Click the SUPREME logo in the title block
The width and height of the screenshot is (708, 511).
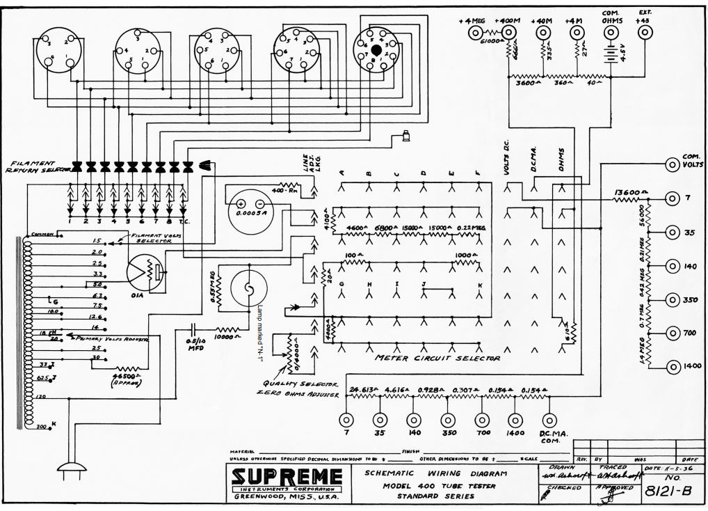[x=287, y=477]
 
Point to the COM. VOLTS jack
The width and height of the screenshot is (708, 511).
[x=673, y=164]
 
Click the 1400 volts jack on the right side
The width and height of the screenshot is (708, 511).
[x=673, y=366]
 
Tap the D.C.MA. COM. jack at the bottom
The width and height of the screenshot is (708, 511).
[x=549, y=420]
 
